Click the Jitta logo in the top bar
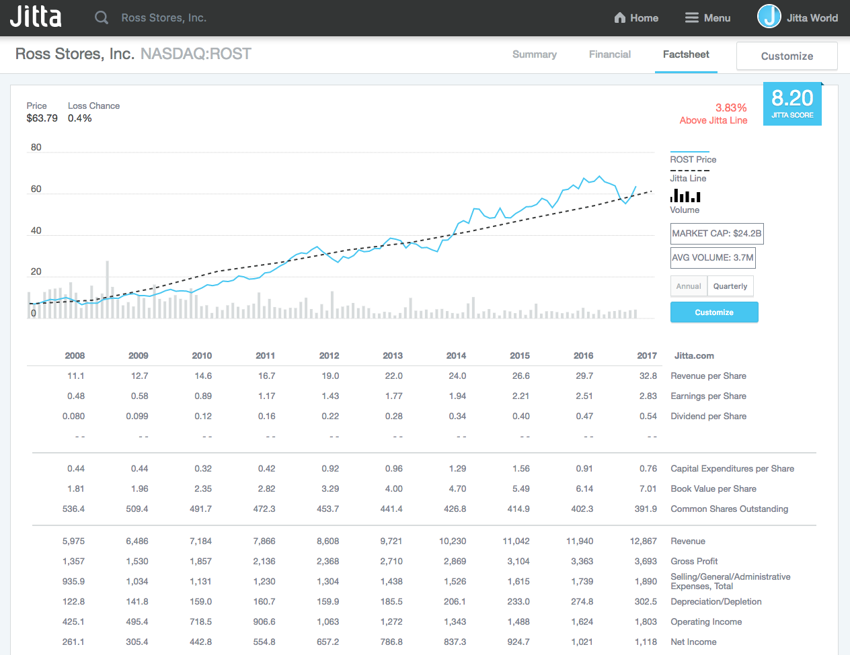tap(36, 17)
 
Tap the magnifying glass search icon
tap(102, 17)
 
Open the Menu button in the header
tap(707, 18)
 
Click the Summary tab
tap(534, 54)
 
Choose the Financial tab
tap(609, 54)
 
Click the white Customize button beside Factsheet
tap(787, 56)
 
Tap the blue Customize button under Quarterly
tap(714, 312)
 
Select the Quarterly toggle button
tap(730, 286)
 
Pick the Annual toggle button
tap(689, 286)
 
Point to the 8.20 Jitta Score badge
tap(792, 103)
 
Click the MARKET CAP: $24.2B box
tap(717, 234)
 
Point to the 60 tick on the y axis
tap(36, 189)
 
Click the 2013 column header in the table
tap(393, 355)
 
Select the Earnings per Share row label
tap(708, 396)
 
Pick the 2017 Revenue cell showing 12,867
tap(644, 541)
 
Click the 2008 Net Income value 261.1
tap(73, 642)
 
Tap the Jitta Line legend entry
tap(688, 178)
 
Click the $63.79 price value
tap(42, 118)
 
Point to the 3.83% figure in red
tap(731, 107)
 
